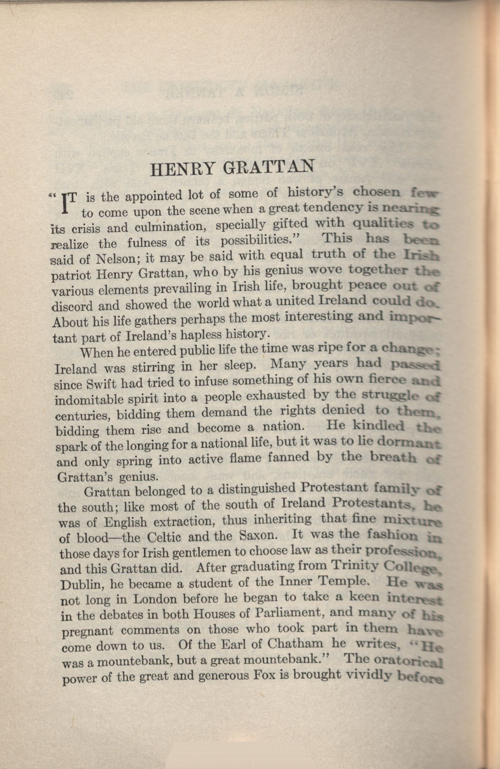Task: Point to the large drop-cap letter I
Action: pos(65,205)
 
